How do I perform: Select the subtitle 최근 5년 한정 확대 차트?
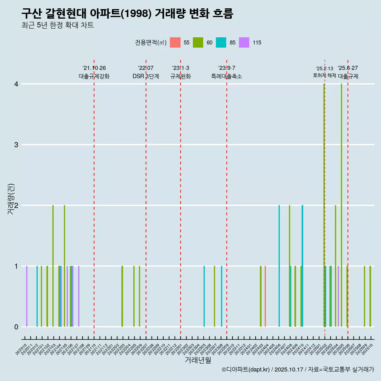click(x=58, y=25)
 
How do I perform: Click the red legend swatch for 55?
click(x=175, y=42)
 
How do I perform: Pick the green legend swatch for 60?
click(x=198, y=42)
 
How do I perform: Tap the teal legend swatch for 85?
click(x=221, y=42)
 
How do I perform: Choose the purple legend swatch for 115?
click(x=244, y=42)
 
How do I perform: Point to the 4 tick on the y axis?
click(x=16, y=84)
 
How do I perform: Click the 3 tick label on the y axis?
click(x=16, y=145)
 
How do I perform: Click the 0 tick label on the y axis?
click(x=16, y=327)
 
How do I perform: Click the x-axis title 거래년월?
click(x=198, y=360)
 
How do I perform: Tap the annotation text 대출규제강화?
click(x=94, y=76)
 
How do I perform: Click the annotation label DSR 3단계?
click(x=146, y=76)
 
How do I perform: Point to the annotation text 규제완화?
click(x=181, y=76)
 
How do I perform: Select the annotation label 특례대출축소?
click(x=227, y=76)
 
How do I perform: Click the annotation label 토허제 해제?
click(x=325, y=75)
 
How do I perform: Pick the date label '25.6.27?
click(x=348, y=68)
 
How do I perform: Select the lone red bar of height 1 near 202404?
click(x=265, y=296)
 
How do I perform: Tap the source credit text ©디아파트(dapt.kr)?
click(x=246, y=369)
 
